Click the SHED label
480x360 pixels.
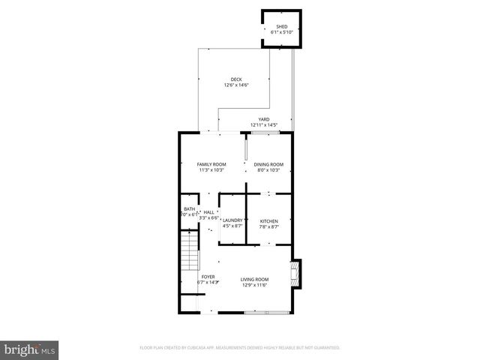[x=281, y=26]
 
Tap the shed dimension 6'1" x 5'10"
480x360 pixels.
[x=281, y=32]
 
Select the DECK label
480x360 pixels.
[x=236, y=79]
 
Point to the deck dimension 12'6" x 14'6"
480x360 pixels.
[x=236, y=85]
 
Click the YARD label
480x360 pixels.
[x=264, y=118]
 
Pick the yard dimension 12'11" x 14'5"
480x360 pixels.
[x=264, y=124]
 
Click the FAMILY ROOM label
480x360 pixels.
[x=211, y=164]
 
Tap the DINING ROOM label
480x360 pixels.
[x=268, y=164]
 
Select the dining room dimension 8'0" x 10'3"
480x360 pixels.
[x=268, y=170]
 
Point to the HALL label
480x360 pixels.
[x=208, y=212]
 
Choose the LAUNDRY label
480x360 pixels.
[x=232, y=220]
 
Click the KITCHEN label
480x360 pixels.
[x=269, y=220]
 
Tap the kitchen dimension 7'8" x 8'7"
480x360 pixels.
[x=269, y=226]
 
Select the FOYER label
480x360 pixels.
[x=208, y=277]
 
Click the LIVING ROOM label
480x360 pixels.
[x=255, y=279]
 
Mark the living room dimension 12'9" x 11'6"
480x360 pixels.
[x=255, y=285]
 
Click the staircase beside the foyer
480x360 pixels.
[x=189, y=251]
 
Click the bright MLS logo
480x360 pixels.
[x=29, y=349]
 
